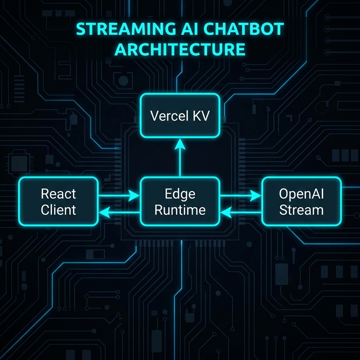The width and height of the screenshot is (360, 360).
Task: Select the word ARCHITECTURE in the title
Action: [x=180, y=50]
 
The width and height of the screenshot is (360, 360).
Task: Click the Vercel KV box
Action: [x=180, y=115]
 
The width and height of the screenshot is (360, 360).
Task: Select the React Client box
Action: [x=58, y=201]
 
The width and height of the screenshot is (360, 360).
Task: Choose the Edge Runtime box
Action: [x=180, y=201]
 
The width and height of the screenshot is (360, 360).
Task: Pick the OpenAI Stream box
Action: [x=301, y=201]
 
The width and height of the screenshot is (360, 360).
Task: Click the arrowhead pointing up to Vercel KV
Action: [x=180, y=143]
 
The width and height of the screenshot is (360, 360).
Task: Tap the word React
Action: [x=58, y=193]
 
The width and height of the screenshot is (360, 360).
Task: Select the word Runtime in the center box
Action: [x=180, y=210]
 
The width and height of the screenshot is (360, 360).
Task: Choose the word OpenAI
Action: [x=301, y=193]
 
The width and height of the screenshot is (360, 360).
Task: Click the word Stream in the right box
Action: [x=301, y=210]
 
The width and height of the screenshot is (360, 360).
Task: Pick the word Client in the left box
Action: [x=58, y=210]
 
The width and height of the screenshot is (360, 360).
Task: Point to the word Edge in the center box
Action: [x=180, y=193]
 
